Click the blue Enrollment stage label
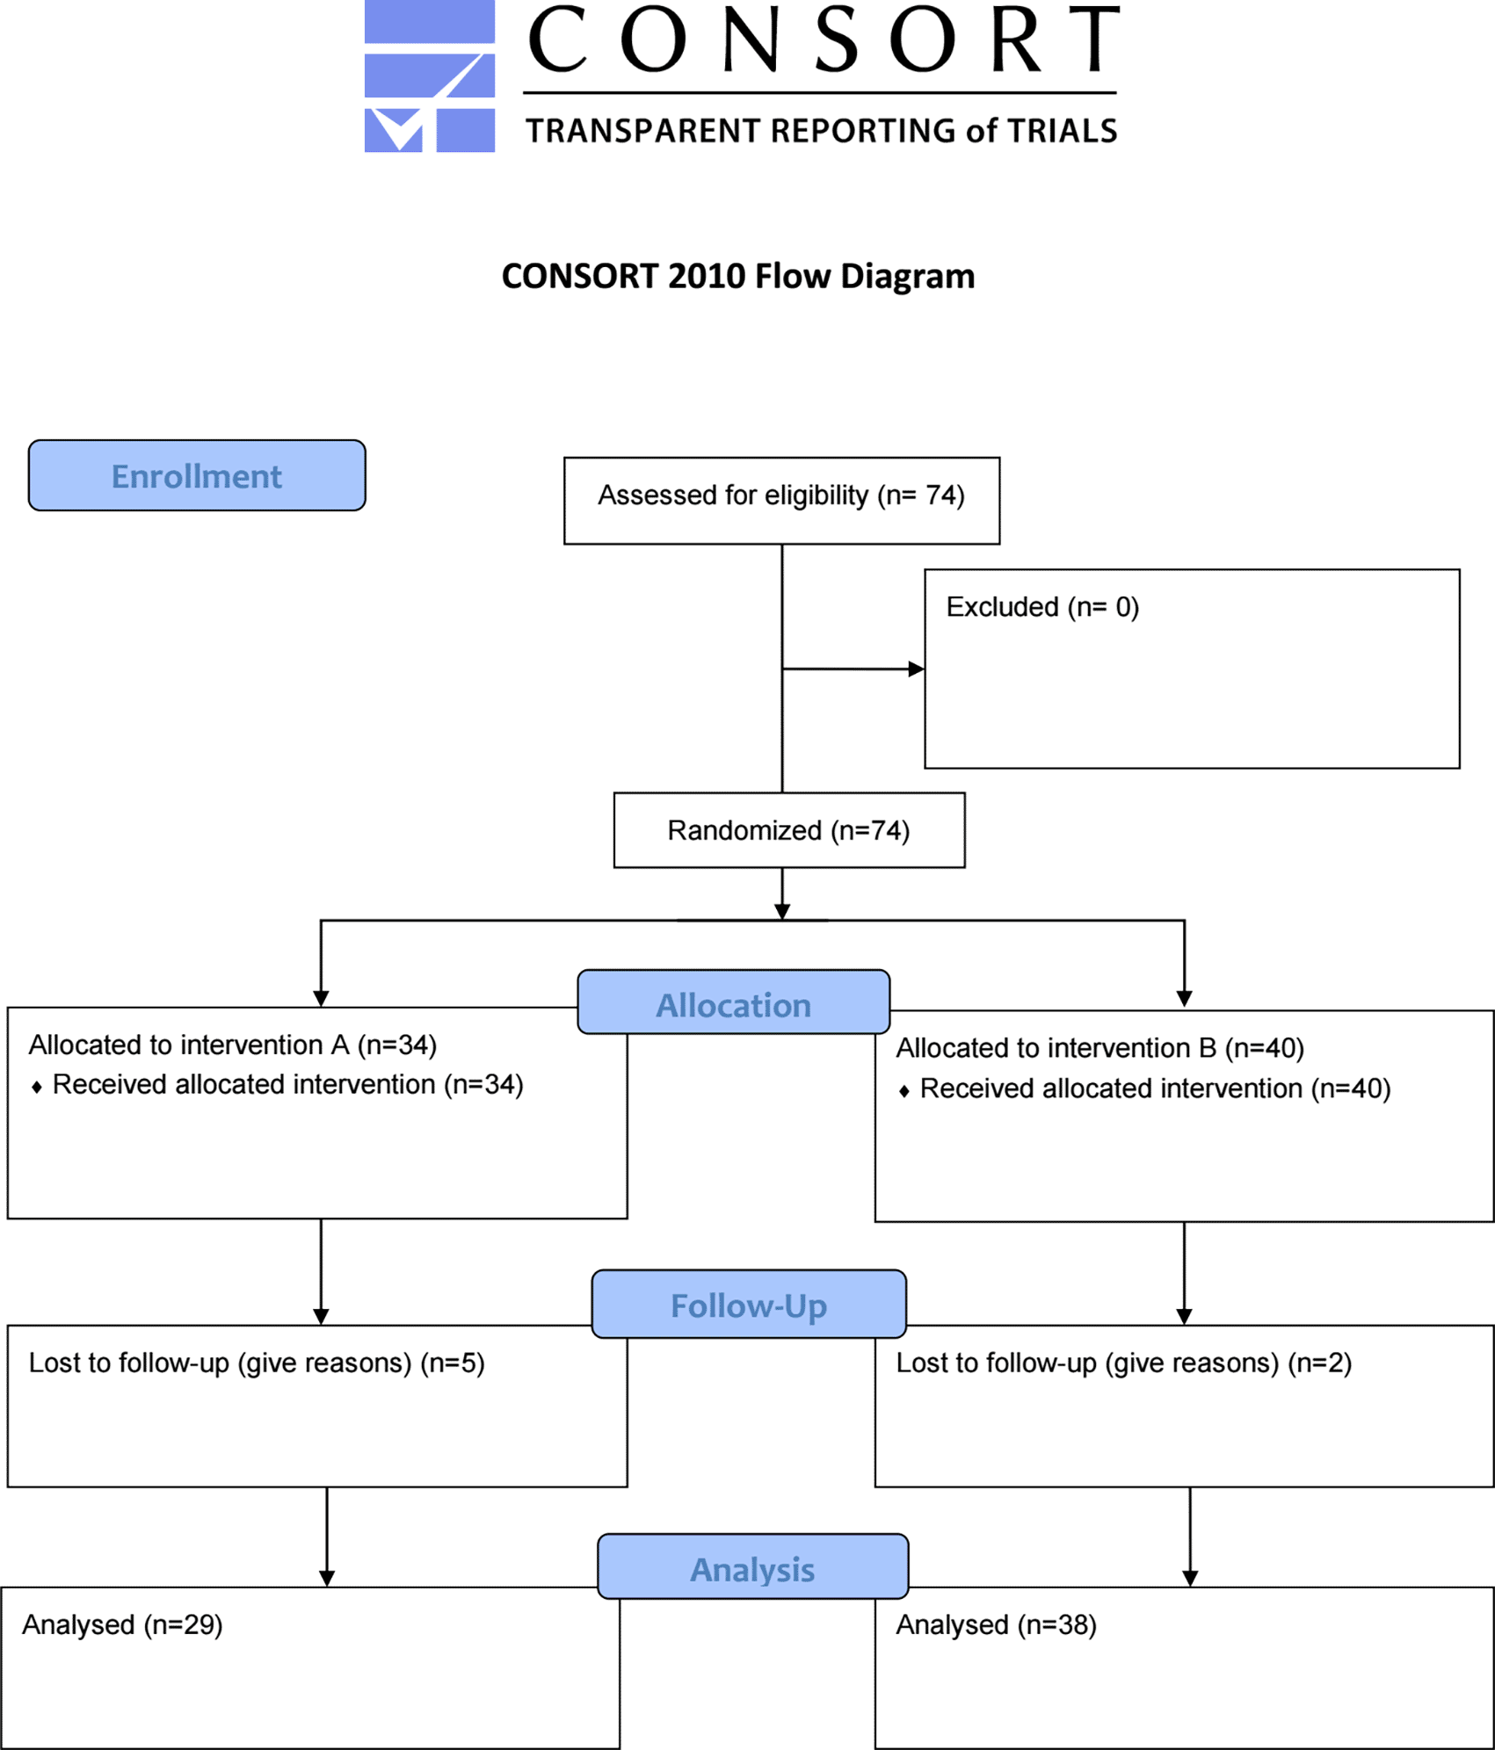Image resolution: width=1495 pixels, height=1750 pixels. click(197, 475)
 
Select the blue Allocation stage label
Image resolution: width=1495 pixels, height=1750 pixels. click(734, 1002)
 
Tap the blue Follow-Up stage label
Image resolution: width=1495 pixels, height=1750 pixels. click(749, 1304)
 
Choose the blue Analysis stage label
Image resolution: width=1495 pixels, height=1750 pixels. click(753, 1566)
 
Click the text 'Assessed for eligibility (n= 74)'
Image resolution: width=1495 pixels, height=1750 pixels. click(781, 496)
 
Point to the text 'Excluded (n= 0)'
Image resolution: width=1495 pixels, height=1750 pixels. click(1042, 608)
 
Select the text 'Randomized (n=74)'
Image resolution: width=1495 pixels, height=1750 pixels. click(788, 831)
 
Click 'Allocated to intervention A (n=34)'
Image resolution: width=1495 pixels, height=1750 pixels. click(233, 1045)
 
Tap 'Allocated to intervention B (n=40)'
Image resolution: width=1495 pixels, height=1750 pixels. click(1099, 1049)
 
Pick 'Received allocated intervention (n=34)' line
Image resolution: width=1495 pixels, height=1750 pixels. click(288, 1085)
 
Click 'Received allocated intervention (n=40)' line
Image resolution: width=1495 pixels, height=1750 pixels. click(1156, 1089)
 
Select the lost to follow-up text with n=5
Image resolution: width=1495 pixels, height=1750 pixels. click(257, 1363)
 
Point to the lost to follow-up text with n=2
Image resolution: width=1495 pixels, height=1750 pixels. click(1124, 1363)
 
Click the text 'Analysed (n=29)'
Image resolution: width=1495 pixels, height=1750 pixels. click(122, 1625)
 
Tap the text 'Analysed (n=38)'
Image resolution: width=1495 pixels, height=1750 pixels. click(996, 1625)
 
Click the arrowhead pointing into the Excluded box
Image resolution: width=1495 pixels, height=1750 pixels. click(917, 669)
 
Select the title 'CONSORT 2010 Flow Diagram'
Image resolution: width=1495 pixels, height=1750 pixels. click(738, 276)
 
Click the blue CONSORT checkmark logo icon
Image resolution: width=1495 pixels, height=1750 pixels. click(430, 76)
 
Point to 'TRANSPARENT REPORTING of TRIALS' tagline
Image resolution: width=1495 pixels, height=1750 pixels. click(821, 131)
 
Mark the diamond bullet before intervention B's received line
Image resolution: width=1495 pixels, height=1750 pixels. click(904, 1091)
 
